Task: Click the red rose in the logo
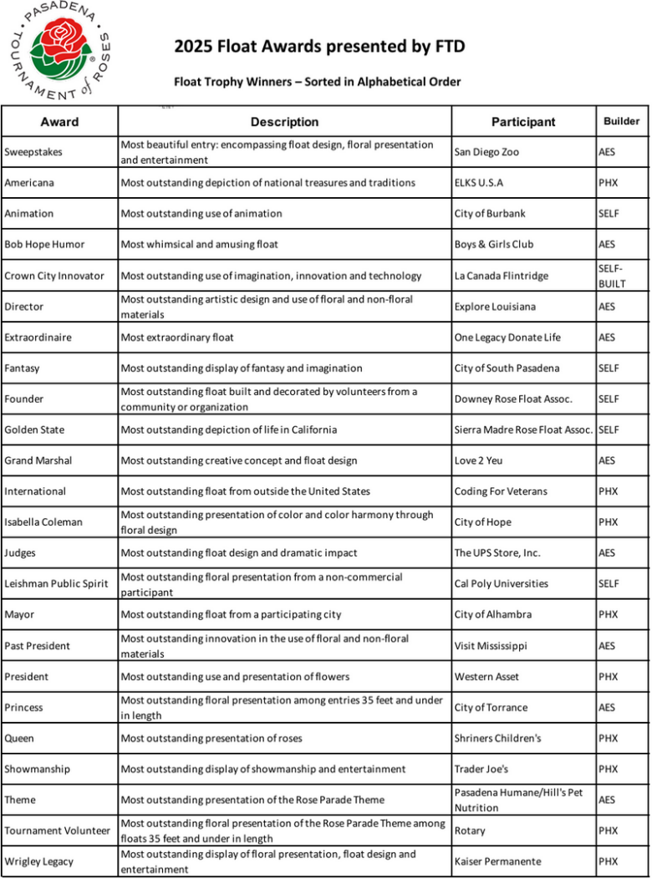pos(59,38)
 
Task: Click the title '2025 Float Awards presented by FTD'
pos(319,46)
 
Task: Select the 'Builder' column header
pos(621,121)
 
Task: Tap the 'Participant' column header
pos(522,122)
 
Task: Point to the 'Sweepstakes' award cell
pos(33,152)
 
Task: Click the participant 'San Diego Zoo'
pos(486,152)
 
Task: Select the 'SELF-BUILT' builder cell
pos(612,276)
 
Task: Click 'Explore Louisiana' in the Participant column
pos(495,307)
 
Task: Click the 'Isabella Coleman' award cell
pos(43,522)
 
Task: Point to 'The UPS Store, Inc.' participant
pos(497,553)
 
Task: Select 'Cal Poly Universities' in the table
pos(502,583)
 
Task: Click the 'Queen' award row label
pos(19,739)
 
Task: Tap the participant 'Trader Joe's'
pos(481,769)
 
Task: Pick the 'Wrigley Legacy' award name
pos(38,861)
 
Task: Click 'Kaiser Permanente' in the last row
pos(497,861)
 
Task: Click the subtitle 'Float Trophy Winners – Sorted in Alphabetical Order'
pos(317,82)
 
